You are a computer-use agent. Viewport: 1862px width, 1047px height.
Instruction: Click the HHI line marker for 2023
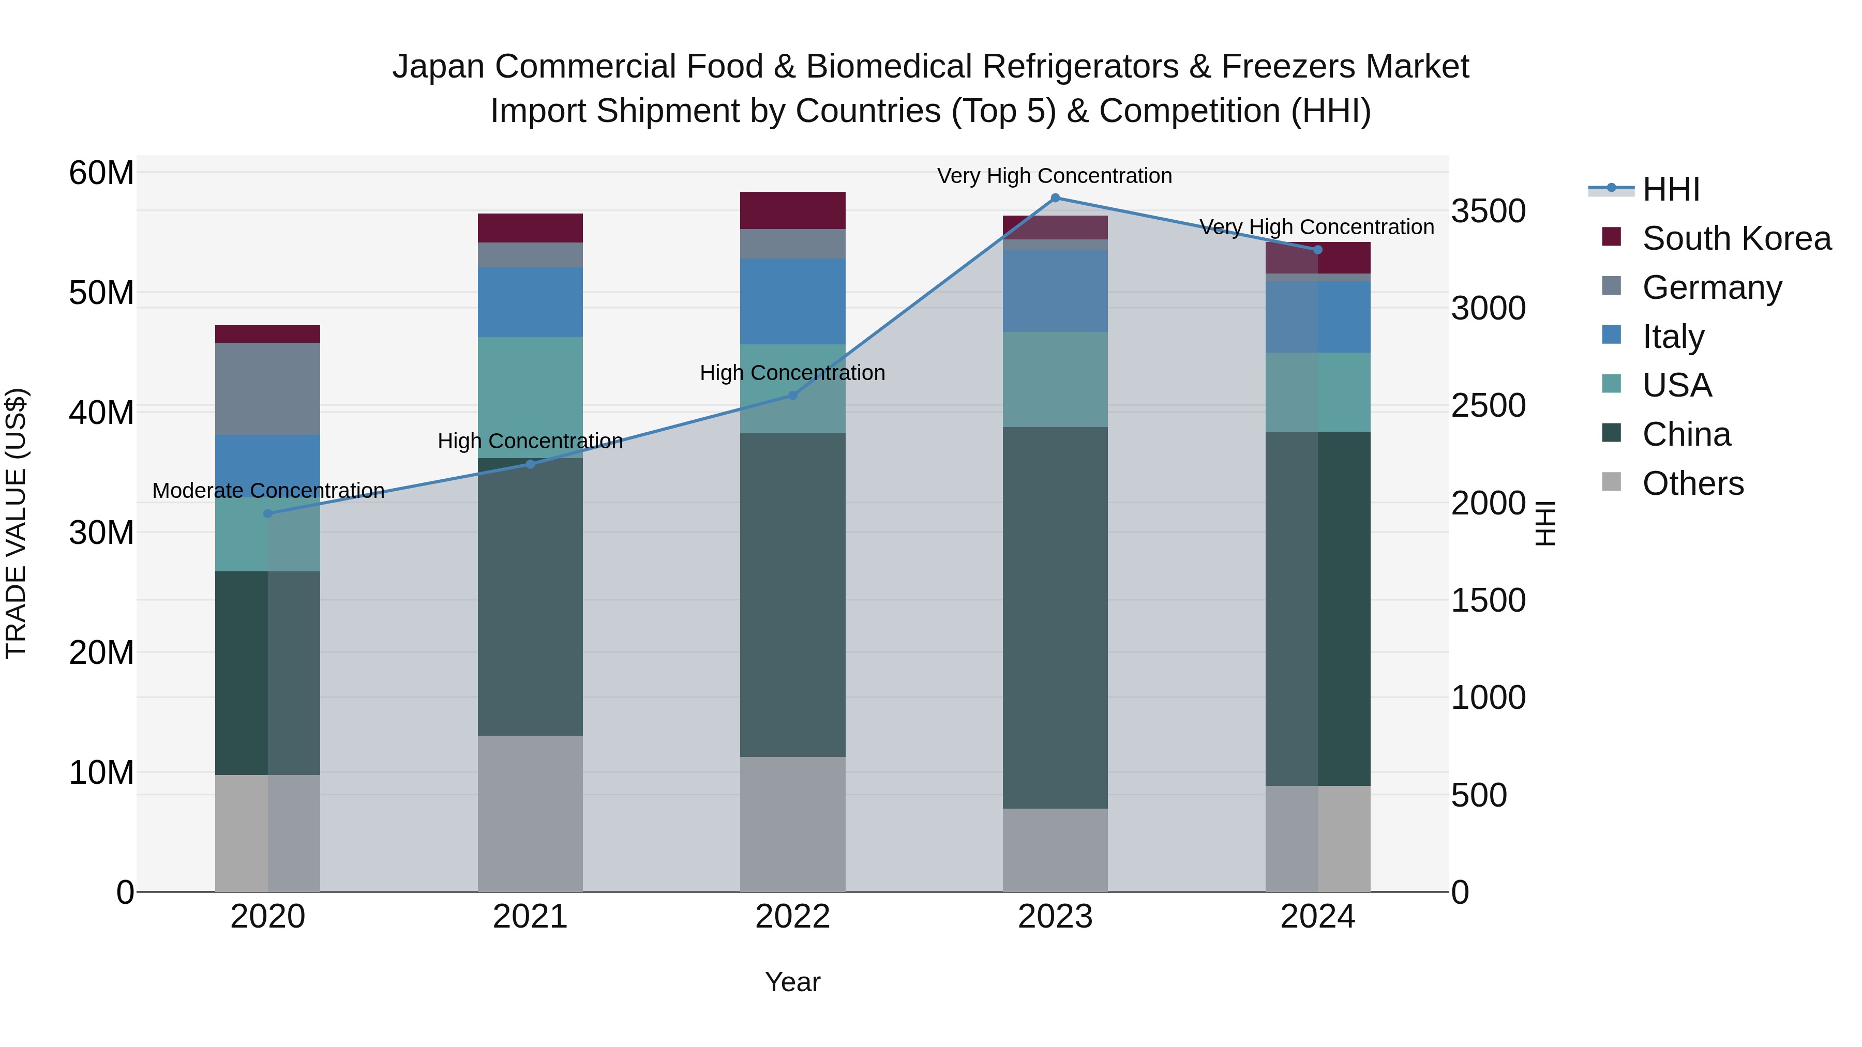click(1055, 198)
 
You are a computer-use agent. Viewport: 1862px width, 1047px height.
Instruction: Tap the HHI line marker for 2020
click(267, 514)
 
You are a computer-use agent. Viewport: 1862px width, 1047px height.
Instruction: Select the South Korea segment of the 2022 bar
click(792, 210)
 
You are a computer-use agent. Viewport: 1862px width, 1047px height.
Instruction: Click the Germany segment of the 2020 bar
click(267, 389)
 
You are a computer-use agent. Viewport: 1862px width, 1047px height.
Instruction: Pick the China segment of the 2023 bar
click(1055, 618)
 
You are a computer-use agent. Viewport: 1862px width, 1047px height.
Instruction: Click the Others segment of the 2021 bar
click(530, 814)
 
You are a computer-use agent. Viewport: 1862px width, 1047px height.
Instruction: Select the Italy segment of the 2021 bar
click(530, 302)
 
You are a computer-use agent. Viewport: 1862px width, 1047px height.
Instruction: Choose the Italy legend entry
click(1673, 337)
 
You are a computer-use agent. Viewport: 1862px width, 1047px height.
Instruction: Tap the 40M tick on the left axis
click(101, 413)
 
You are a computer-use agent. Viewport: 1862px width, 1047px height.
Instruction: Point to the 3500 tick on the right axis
click(1488, 211)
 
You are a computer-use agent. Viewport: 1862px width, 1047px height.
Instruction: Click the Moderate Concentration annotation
click(268, 491)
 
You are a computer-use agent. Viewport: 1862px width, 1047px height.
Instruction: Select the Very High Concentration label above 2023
click(1054, 176)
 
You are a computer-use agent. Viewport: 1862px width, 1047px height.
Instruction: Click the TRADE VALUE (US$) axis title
click(16, 523)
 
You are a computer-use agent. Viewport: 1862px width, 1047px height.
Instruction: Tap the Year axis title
click(792, 982)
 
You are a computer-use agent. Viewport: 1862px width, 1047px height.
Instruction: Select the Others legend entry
click(1692, 483)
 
